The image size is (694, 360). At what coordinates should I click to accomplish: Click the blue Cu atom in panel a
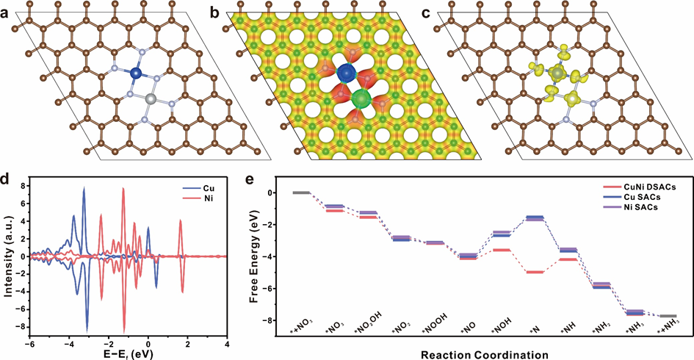[x=135, y=73]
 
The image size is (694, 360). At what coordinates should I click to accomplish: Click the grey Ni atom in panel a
[x=151, y=98]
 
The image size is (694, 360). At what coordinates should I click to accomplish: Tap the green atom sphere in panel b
[x=361, y=98]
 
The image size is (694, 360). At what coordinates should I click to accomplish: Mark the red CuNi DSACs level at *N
[x=535, y=273]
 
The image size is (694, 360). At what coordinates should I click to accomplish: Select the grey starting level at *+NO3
[x=301, y=192]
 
